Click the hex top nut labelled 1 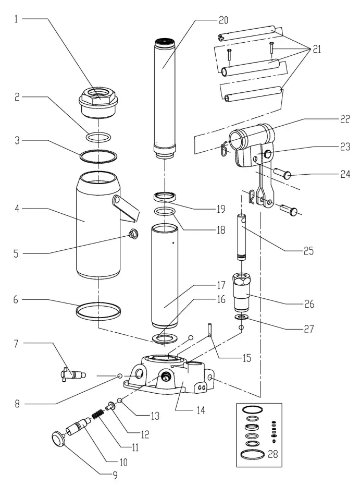click(98, 99)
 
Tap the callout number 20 click(223, 20)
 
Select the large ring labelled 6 click(99, 312)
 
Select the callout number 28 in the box click(272, 454)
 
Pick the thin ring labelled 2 click(98, 137)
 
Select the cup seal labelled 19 click(165, 197)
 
